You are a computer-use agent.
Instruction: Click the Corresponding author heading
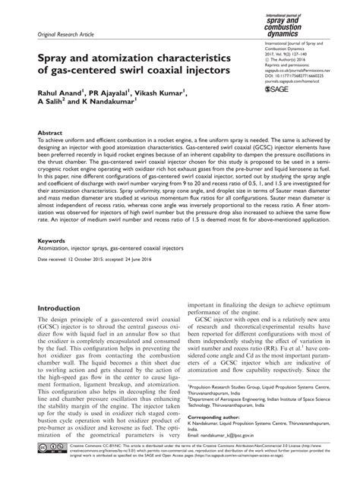coord(213,418)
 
